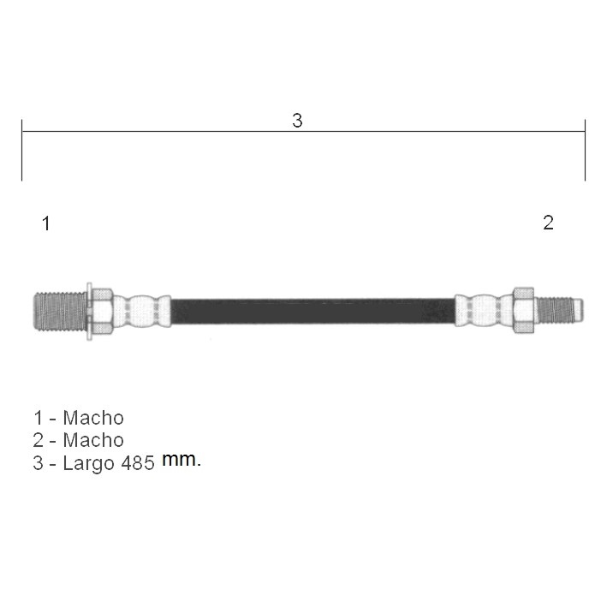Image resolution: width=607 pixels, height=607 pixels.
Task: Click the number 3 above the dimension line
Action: point(297,121)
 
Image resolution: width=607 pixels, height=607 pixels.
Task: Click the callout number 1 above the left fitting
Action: point(46,223)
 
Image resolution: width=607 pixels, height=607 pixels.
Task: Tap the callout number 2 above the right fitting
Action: point(548,223)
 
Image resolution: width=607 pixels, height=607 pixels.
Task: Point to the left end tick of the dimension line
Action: point(22,150)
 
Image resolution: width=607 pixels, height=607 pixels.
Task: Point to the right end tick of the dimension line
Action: point(585,150)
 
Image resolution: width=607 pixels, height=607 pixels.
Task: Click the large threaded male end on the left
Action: point(60,312)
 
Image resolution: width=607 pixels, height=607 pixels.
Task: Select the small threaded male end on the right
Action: point(559,310)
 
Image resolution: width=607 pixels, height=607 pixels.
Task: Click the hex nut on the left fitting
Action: point(102,312)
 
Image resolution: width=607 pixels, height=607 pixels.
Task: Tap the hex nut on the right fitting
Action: point(523,310)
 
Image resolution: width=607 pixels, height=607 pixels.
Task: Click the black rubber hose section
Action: point(312,311)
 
